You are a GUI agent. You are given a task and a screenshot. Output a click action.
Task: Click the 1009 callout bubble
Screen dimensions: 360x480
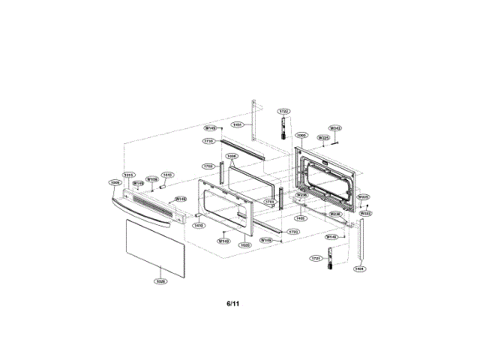coord(115,182)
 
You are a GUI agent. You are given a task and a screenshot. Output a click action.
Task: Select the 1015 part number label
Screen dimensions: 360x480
coord(128,175)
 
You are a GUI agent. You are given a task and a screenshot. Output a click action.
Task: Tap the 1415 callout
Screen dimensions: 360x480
coord(168,175)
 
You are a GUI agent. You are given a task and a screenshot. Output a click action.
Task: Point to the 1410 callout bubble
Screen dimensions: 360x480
coord(198,225)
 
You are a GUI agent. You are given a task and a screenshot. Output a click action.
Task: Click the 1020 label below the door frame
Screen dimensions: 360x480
coord(244,245)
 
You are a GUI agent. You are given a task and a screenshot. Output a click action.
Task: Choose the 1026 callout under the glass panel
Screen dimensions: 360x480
coord(159,281)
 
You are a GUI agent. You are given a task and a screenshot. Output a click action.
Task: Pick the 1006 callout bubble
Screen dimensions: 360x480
coord(232,156)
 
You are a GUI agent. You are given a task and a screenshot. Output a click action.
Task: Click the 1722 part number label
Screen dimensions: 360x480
coord(283,111)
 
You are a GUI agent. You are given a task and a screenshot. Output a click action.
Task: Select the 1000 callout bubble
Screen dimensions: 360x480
coord(301,136)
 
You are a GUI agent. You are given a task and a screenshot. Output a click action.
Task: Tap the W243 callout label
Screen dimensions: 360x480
coord(336,128)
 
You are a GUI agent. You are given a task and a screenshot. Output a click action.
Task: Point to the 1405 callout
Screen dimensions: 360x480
coord(300,218)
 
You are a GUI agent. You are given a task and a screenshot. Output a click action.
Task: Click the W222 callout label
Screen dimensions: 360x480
coord(365,213)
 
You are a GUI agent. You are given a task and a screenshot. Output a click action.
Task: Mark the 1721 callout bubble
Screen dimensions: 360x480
coord(316,258)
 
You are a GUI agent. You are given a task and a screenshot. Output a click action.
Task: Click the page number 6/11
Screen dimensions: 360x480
coord(233,304)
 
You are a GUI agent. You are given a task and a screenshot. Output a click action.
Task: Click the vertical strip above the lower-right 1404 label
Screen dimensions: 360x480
coord(361,240)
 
